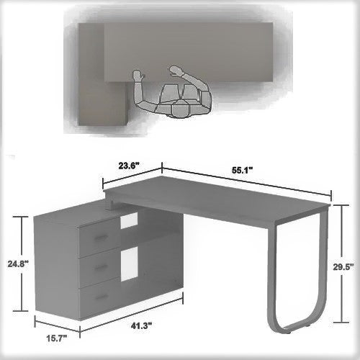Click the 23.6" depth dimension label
coord(129,165)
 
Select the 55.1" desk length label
coord(241,171)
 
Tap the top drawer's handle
coord(101,238)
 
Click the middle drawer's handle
coord(101,267)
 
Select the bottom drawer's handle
coord(101,296)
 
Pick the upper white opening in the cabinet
coord(128,222)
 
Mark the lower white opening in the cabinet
coord(128,264)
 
